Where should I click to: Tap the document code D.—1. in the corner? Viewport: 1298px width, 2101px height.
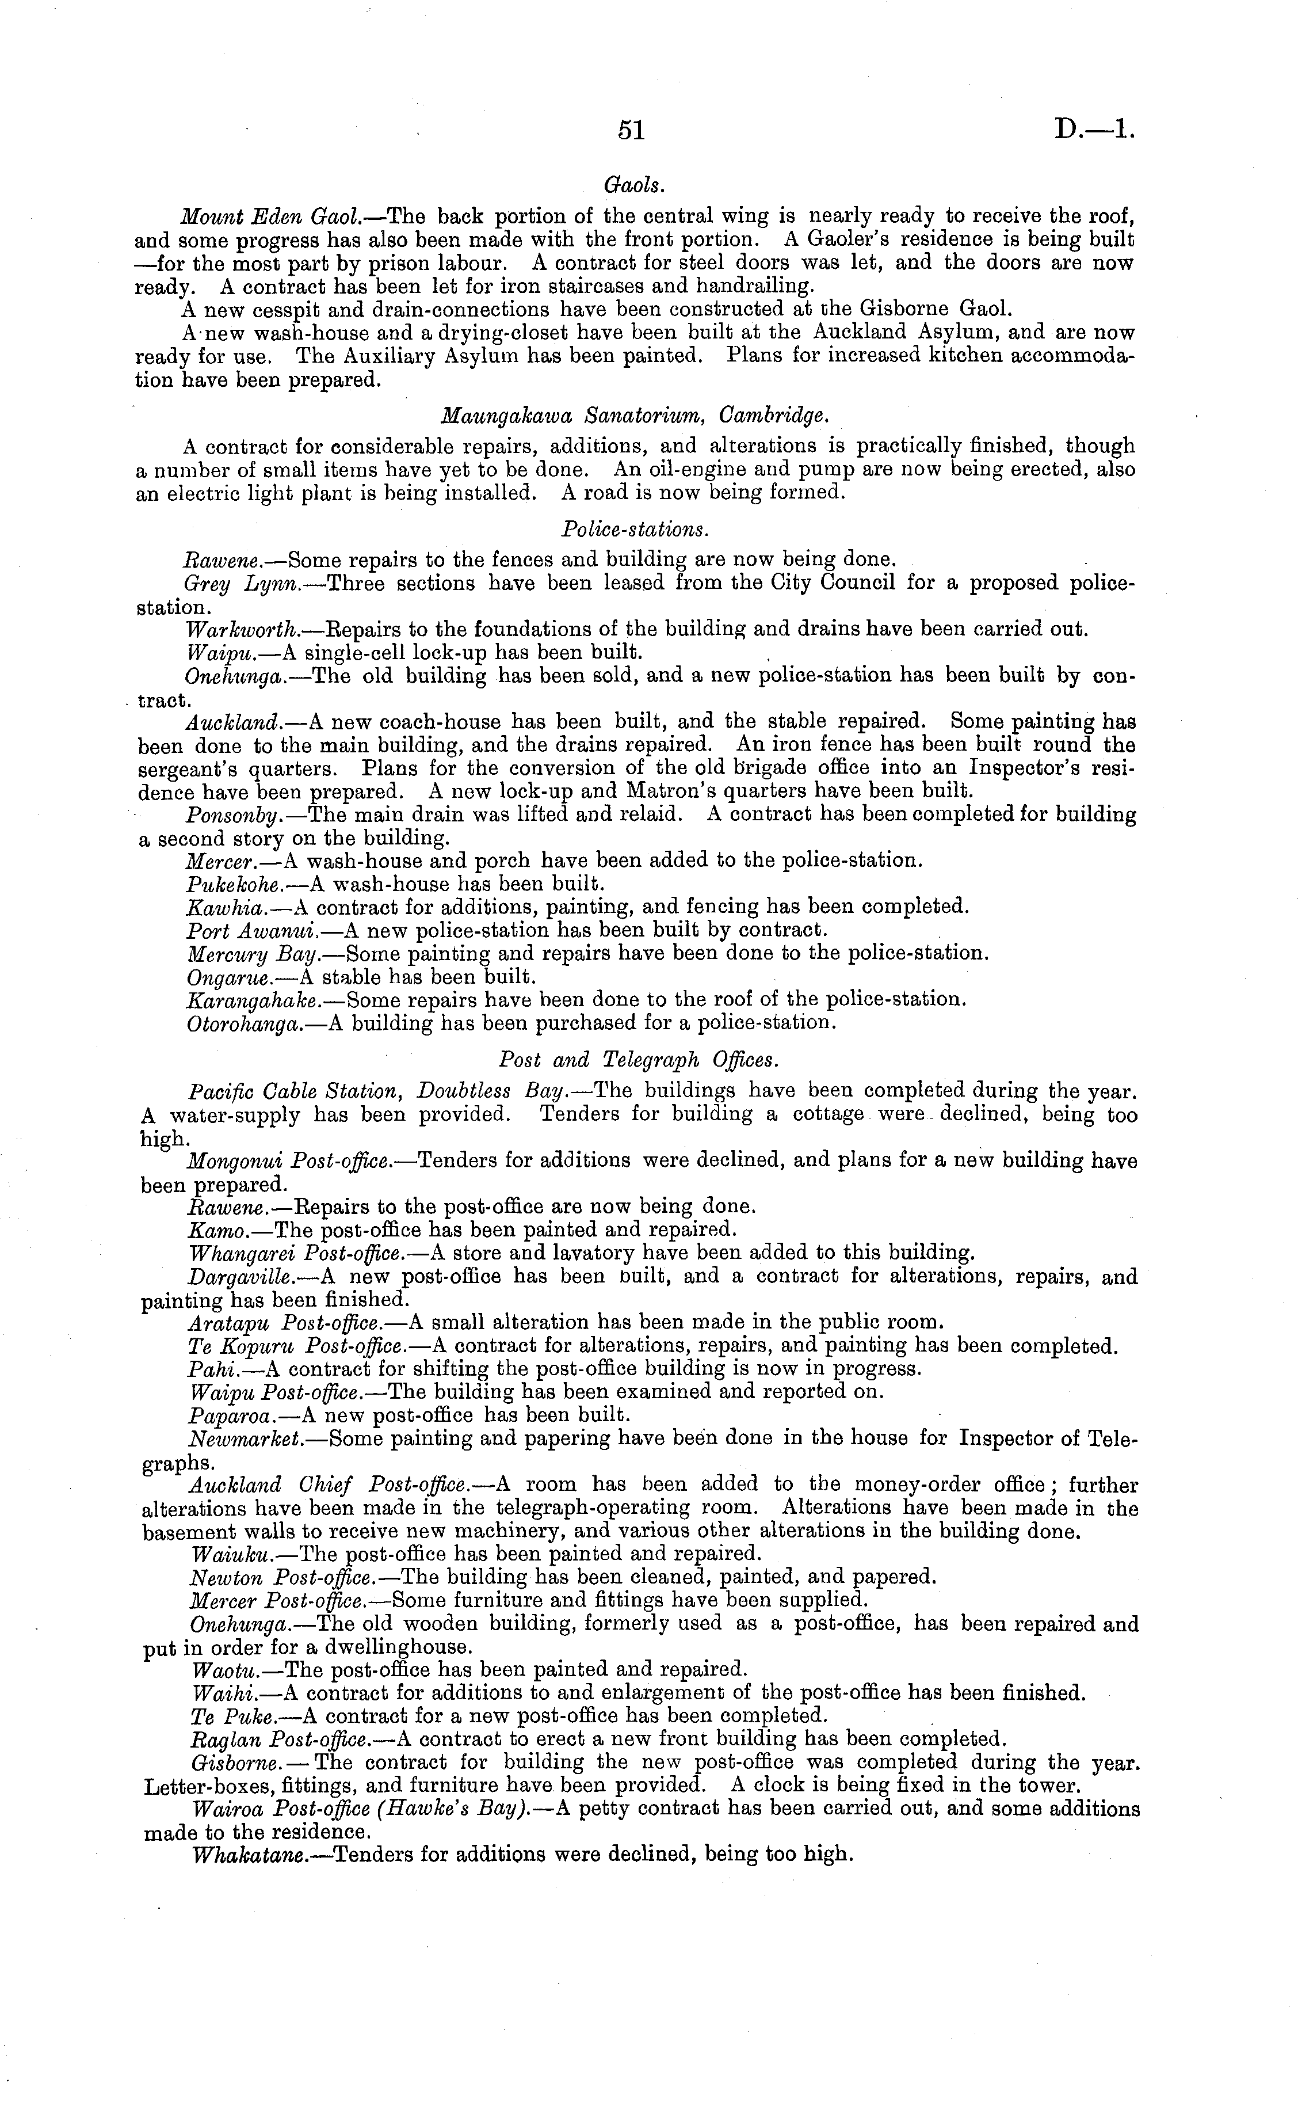1094,129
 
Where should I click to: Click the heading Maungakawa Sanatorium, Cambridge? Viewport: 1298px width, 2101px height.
635,416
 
